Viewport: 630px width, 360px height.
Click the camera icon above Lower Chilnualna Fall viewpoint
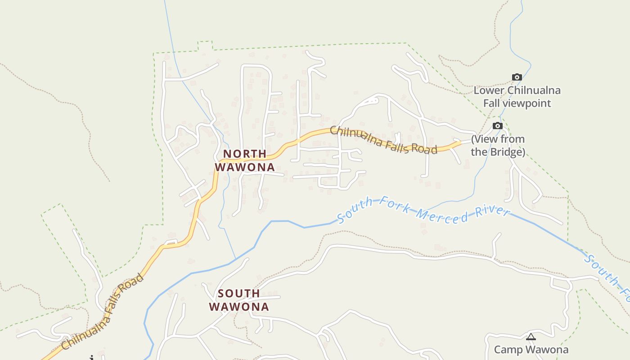[x=517, y=77]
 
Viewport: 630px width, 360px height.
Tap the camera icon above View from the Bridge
[x=497, y=126]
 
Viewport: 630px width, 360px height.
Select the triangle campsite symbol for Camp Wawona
[x=531, y=337]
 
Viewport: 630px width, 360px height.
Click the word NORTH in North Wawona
[x=245, y=154]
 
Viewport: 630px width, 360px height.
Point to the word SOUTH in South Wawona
[x=239, y=293]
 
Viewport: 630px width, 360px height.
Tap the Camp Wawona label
[x=531, y=350]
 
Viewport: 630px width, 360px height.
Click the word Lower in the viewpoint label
[x=489, y=90]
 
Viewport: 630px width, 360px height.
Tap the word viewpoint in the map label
[x=526, y=103]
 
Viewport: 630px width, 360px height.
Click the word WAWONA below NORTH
[x=244, y=167]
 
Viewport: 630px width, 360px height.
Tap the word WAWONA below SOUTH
[x=239, y=307]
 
